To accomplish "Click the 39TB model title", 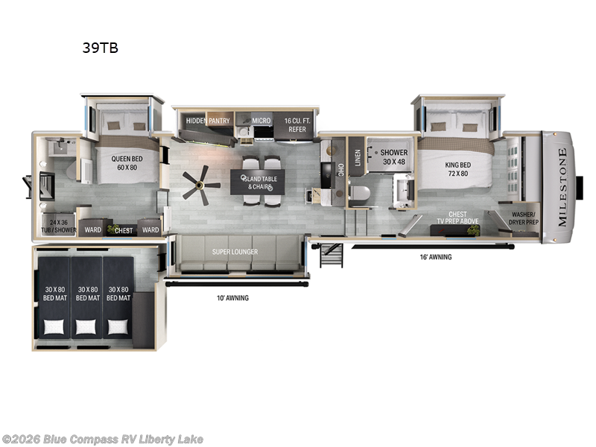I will pyautogui.click(x=100, y=48).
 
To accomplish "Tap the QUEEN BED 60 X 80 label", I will pyautogui.click(x=127, y=162).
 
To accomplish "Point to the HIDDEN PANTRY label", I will pyautogui.click(x=208, y=121).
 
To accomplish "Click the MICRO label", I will pyautogui.click(x=261, y=121).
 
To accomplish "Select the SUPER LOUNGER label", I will pyautogui.click(x=235, y=252).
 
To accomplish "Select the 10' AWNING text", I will pyautogui.click(x=231, y=298).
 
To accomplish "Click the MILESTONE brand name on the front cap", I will pyautogui.click(x=562, y=187).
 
